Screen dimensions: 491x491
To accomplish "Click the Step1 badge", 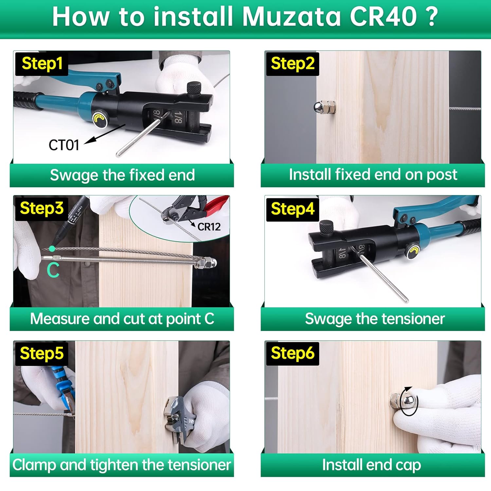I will pos(42,64).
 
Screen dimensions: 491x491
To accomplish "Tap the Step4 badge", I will pos(292,209).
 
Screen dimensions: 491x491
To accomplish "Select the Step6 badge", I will pos(292,353).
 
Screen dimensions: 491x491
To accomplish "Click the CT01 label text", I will pos(64,145).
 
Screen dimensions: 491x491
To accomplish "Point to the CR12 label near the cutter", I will pos(209,227).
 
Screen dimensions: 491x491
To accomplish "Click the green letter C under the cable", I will pos(53,270).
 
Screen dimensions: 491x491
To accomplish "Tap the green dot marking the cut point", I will pos(52,249).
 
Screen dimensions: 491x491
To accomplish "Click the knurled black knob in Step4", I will pos(326,227).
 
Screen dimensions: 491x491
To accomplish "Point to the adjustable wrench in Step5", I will pos(178,419).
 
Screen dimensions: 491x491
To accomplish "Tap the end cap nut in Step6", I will pos(403,401).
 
